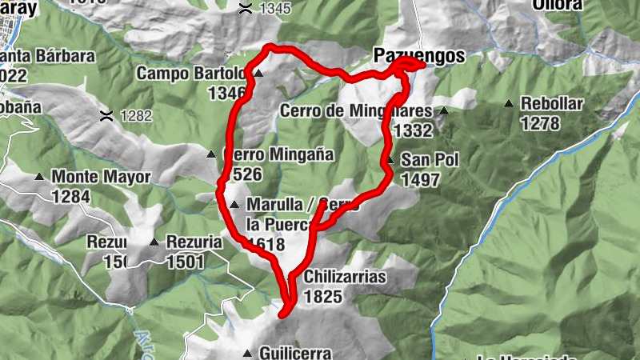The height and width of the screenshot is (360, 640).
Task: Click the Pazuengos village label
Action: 418,56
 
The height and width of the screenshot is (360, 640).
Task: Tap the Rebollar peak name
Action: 552,104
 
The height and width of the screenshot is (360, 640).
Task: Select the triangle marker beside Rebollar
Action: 509,104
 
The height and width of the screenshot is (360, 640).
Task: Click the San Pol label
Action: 430,160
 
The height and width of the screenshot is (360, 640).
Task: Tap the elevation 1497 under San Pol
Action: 421,180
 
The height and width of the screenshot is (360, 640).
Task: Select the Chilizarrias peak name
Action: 346,278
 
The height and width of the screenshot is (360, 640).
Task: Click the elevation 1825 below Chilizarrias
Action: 323,298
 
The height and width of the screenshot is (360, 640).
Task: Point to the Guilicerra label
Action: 294,352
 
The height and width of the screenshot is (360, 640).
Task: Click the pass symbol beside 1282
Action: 105,115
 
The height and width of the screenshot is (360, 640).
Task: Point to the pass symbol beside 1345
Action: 245,9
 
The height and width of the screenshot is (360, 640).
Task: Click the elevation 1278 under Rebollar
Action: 539,123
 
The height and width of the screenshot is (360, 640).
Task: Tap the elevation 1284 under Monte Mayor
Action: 71,196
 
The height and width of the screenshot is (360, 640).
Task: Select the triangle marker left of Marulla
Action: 234,206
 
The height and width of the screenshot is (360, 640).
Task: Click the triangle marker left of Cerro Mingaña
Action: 211,154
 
